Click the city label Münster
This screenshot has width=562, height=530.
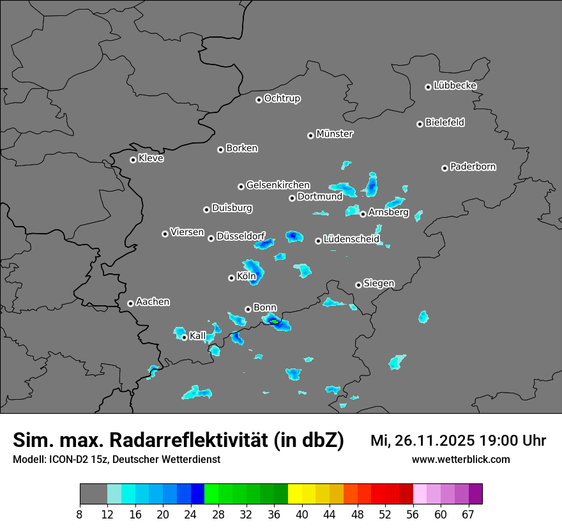click(x=335, y=134)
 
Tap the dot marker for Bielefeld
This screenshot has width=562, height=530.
click(x=420, y=124)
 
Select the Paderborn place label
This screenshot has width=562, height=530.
click(x=473, y=167)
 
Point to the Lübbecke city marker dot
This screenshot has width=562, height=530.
click(x=428, y=87)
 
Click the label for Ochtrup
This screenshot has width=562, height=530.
click(x=282, y=98)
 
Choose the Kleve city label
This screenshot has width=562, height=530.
click(x=151, y=158)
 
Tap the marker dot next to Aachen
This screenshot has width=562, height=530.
click(x=130, y=303)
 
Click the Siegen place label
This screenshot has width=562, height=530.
click(x=379, y=284)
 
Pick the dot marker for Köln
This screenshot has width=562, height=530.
click(x=231, y=278)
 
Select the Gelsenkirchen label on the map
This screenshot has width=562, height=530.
click(x=278, y=185)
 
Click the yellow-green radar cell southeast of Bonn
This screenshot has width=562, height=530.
click(x=274, y=321)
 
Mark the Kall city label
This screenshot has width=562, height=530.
click(x=198, y=336)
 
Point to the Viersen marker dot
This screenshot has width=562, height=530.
click(x=165, y=234)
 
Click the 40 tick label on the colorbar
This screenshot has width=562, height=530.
click(x=302, y=514)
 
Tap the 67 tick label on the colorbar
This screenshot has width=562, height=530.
click(x=469, y=514)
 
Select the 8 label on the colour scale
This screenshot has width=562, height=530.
click(x=80, y=514)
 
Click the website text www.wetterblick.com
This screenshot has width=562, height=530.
click(x=461, y=459)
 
